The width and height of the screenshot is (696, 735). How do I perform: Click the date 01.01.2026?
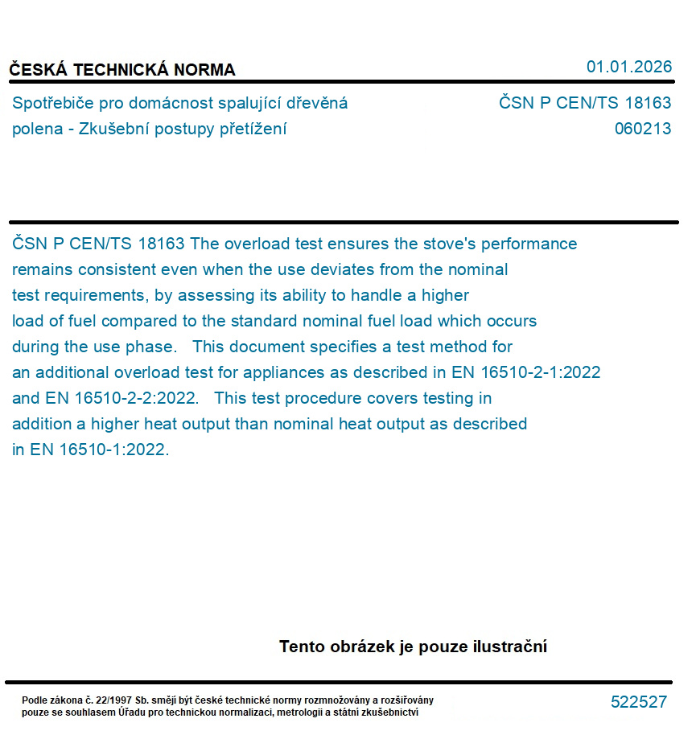[628, 67]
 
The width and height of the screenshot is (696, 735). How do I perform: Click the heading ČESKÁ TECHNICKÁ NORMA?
[122, 70]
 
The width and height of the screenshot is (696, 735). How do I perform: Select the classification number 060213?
[642, 129]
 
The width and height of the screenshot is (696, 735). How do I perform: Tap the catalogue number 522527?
[638, 702]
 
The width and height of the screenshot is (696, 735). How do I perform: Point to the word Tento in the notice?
[303, 647]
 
